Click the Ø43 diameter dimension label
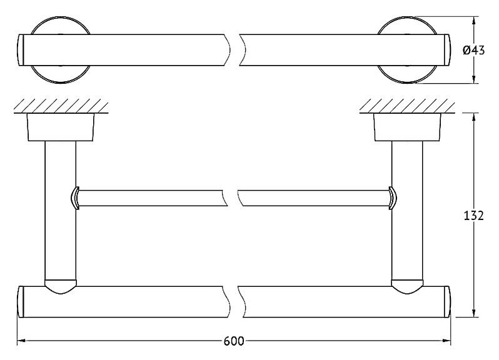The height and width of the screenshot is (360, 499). (473, 50)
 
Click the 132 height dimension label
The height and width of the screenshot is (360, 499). (473, 216)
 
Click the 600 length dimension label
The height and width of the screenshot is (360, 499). (234, 341)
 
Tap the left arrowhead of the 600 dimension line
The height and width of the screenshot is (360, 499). (21, 341)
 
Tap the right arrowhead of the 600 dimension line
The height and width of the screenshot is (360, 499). (446, 341)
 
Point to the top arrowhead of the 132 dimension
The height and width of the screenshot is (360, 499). (474, 117)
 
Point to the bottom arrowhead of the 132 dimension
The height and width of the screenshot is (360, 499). (474, 312)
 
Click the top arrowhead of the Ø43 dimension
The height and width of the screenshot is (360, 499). (474, 21)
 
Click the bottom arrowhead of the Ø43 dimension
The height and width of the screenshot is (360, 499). (474, 79)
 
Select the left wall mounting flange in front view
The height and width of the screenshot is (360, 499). (61, 127)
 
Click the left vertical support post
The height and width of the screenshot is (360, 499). (61, 211)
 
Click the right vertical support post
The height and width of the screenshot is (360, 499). (407, 211)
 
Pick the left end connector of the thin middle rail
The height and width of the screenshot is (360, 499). (74, 198)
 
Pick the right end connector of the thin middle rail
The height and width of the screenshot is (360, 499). (393, 198)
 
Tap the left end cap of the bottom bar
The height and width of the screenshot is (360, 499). (21, 302)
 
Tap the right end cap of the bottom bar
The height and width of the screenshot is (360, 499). (447, 302)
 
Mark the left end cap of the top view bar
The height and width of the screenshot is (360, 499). (21, 50)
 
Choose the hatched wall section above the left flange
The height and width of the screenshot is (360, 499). (61, 106)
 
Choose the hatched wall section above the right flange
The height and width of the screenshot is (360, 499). (407, 106)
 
